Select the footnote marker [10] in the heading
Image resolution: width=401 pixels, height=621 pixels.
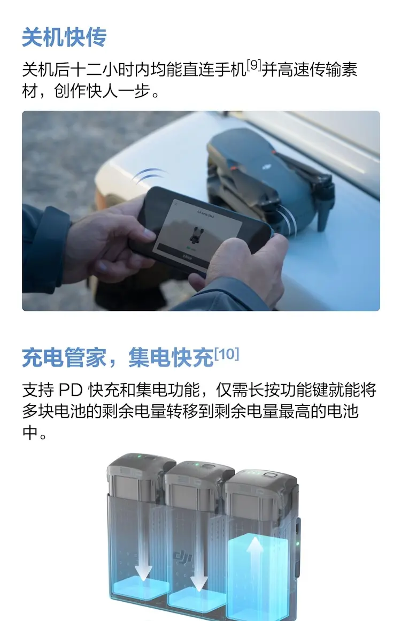(x=226, y=354)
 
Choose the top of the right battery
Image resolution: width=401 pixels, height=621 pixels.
(x=261, y=477)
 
